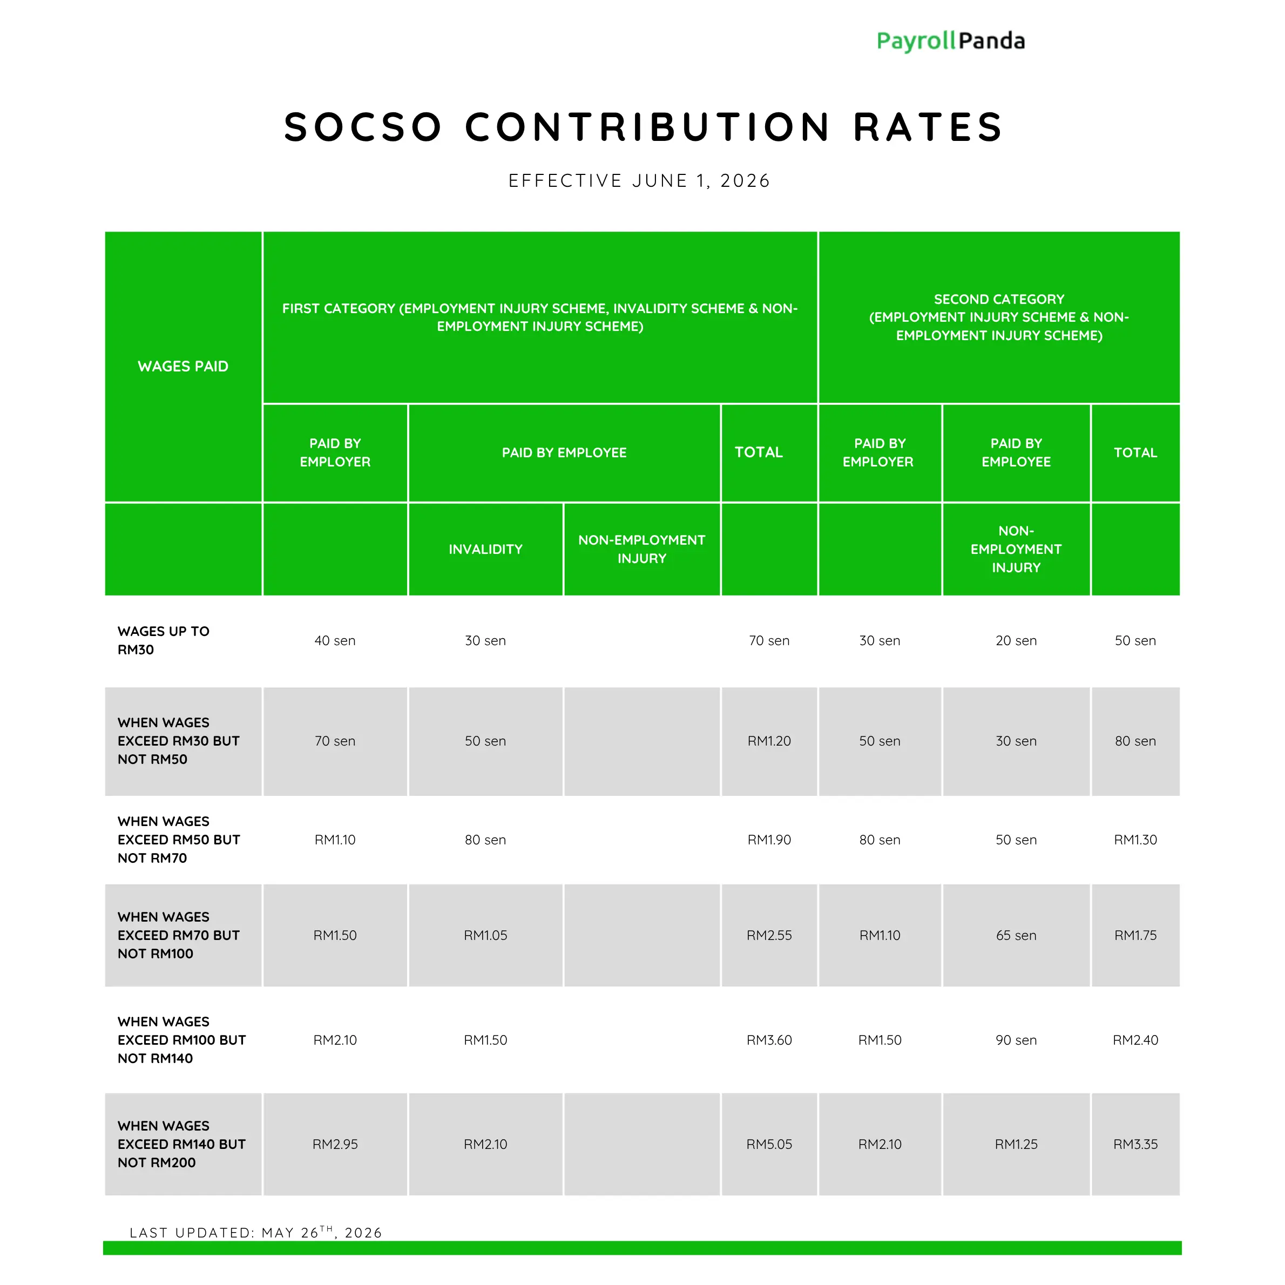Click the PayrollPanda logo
click(x=950, y=41)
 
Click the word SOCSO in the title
click(x=363, y=127)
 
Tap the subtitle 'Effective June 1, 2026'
click(x=639, y=181)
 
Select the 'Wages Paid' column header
click(x=183, y=367)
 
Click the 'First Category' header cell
click(x=540, y=317)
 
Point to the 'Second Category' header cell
click(x=999, y=317)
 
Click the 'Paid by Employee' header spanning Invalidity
click(x=564, y=453)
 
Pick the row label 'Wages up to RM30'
click(x=164, y=640)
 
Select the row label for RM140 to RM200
click(x=181, y=1144)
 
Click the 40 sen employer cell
click(x=335, y=640)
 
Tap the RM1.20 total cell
click(x=769, y=741)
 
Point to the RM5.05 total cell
click(x=769, y=1144)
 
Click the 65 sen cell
click(x=1016, y=935)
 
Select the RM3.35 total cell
click(x=1136, y=1144)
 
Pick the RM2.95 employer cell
click(x=335, y=1144)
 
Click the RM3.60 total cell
click(x=769, y=1039)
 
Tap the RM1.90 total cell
click(x=769, y=840)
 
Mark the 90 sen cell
click(x=1016, y=1039)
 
